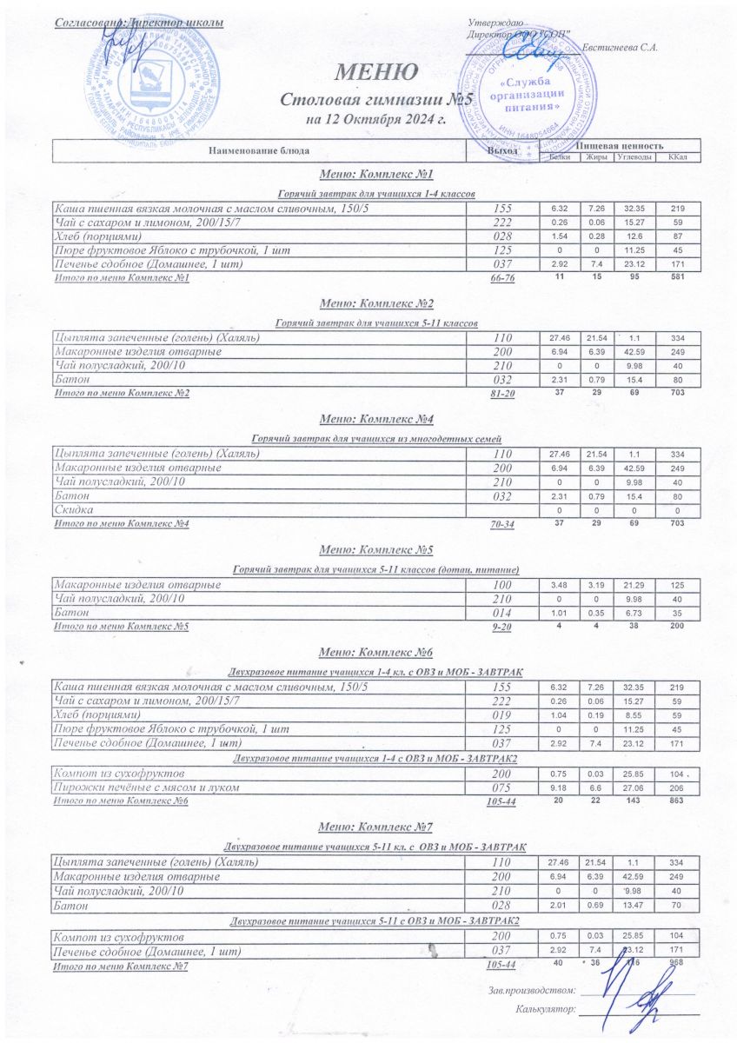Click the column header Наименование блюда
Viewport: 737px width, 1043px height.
[x=258, y=151]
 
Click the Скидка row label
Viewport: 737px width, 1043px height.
[x=74, y=508]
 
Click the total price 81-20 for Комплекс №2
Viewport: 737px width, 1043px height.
[x=503, y=394]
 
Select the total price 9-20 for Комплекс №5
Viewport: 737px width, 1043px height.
[x=503, y=626]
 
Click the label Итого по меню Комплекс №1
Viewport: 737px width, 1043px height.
[x=122, y=278]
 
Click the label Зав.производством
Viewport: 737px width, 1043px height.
[x=532, y=989]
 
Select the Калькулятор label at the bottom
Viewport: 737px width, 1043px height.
[x=545, y=1010]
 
